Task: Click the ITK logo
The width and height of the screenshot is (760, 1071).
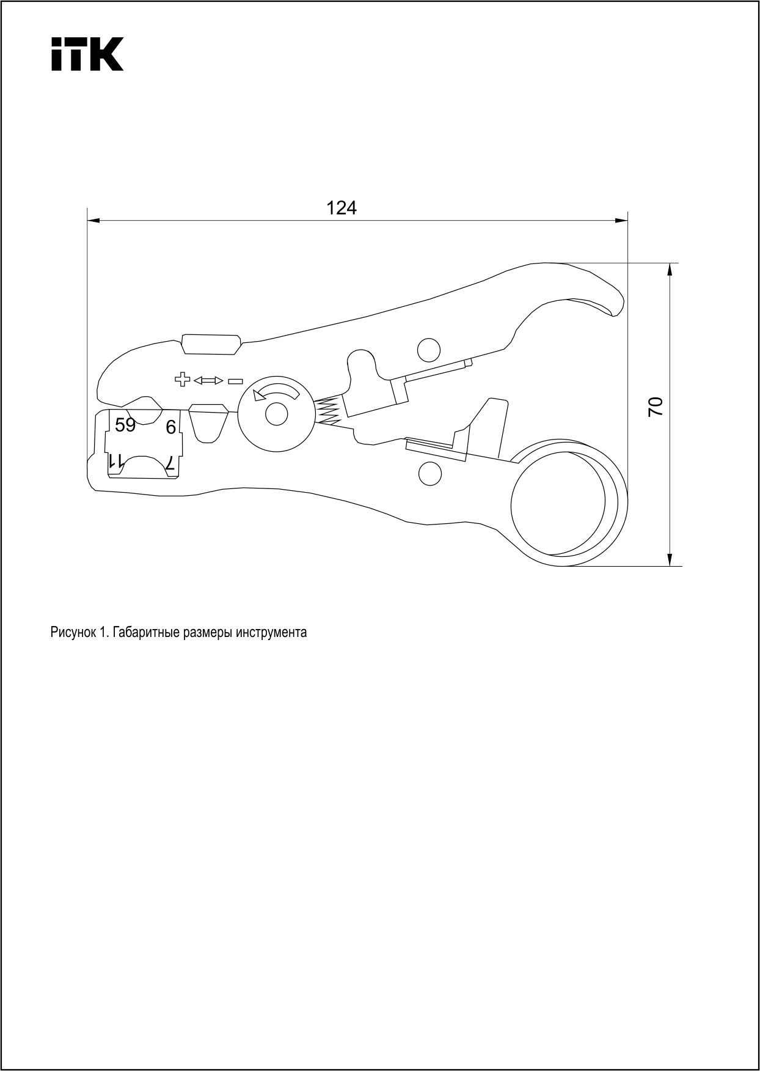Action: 87,54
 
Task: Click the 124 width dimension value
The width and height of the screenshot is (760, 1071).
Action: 342,208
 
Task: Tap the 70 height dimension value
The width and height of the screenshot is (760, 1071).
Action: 655,407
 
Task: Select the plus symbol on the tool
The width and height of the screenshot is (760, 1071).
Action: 182,380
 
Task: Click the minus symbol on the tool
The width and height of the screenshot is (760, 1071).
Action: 235,381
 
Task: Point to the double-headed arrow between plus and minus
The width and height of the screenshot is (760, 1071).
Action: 208,380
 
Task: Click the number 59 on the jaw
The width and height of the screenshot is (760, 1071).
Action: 125,425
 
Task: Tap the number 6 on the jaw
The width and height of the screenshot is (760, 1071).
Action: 171,427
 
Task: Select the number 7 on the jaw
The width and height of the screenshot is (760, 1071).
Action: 171,463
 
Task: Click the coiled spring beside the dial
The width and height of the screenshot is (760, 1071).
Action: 328,411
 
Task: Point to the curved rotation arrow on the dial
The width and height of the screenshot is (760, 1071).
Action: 277,392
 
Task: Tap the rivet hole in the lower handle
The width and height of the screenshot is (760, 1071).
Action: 430,474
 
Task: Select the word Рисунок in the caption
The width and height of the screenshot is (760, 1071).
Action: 72,633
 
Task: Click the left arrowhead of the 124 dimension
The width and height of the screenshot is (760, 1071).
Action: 93,220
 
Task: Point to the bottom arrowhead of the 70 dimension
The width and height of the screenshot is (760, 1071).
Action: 670,559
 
